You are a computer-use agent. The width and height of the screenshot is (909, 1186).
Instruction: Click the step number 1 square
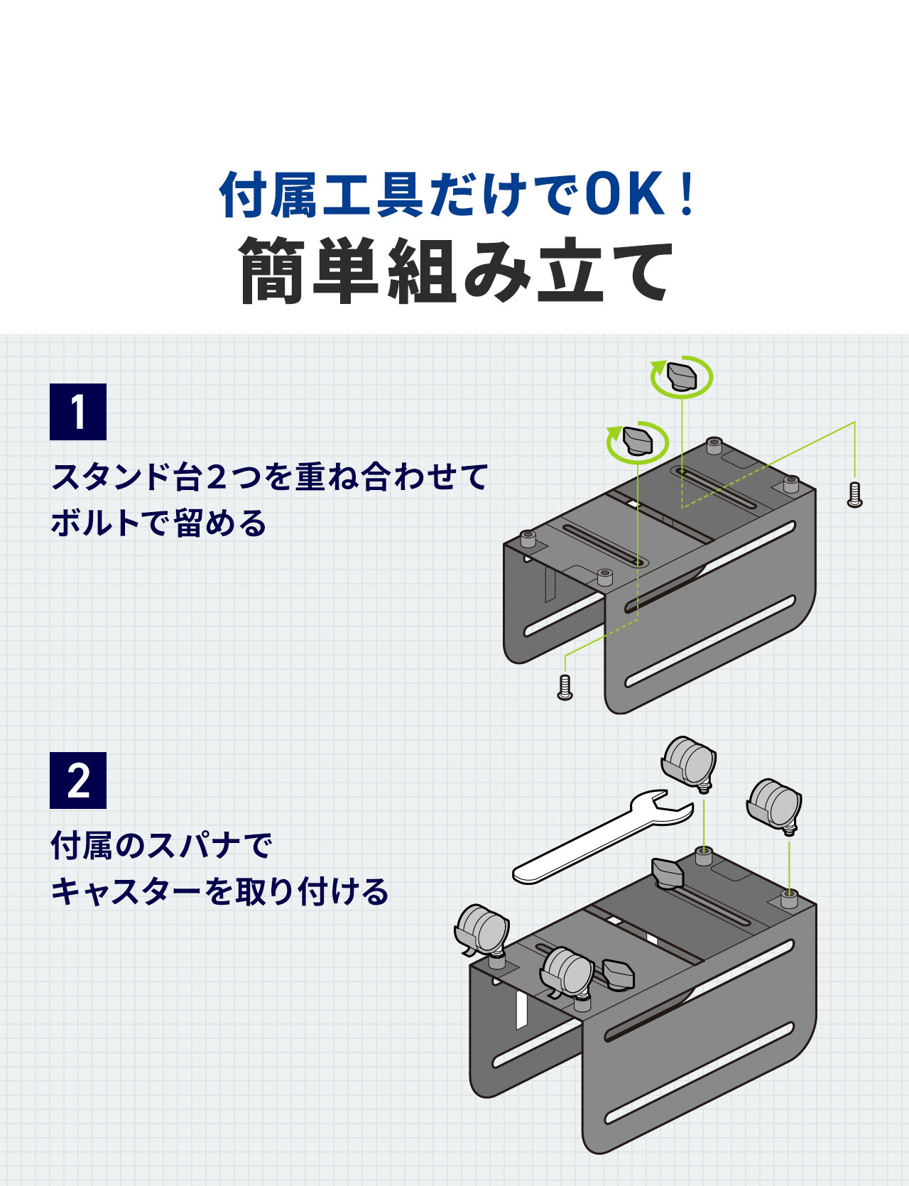point(78,412)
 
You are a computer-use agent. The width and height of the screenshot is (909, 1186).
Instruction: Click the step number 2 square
point(78,780)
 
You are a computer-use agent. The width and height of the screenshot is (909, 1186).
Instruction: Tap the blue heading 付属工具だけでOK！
point(454,195)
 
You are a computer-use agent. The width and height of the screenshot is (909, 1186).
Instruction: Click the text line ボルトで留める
point(158,523)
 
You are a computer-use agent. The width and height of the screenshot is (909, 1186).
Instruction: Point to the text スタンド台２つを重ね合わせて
point(270,477)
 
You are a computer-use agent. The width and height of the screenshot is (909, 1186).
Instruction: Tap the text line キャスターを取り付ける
point(219,892)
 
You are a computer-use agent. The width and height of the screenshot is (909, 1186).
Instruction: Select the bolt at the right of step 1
point(855,495)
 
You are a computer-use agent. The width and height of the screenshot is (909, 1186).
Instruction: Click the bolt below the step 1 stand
point(565,687)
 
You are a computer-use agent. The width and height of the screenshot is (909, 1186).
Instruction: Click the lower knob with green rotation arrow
point(638,440)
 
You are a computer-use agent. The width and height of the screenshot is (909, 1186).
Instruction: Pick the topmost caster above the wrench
point(688,763)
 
